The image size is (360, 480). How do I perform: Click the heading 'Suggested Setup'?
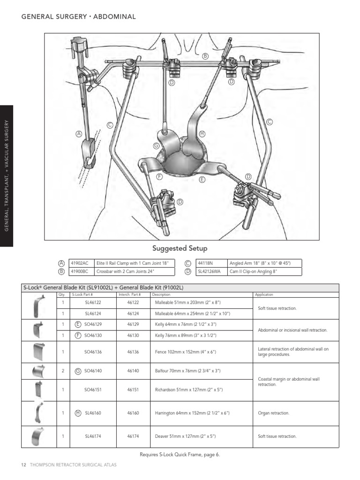pyautogui.click(x=180, y=248)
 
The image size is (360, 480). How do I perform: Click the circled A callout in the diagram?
pyautogui.click(x=79, y=134)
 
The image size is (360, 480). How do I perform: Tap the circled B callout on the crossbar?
pyautogui.click(x=205, y=56)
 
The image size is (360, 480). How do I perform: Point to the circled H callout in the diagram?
pyautogui.click(x=202, y=134)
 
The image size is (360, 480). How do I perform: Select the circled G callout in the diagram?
pyautogui.click(x=157, y=146)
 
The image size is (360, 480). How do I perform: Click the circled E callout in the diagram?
pyautogui.click(x=202, y=180)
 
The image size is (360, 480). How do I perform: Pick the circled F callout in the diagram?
pyautogui.click(x=159, y=176)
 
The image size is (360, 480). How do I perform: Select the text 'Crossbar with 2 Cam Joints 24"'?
pyautogui.click(x=125, y=271)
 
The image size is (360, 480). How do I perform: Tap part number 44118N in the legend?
pyautogui.click(x=205, y=263)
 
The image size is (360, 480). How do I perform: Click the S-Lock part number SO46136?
pyautogui.click(x=93, y=352)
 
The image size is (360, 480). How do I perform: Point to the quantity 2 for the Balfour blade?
pyautogui.click(x=63, y=371)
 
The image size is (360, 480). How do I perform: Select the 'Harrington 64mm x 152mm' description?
pyautogui.click(x=185, y=413)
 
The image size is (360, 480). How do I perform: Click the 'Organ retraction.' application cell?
pyautogui.click(x=274, y=413)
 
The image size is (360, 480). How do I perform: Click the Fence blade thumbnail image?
pyautogui.click(x=38, y=352)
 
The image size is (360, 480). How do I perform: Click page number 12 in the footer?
pyautogui.click(x=23, y=465)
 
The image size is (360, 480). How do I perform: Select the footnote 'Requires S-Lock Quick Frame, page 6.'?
pyautogui.click(x=180, y=454)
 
